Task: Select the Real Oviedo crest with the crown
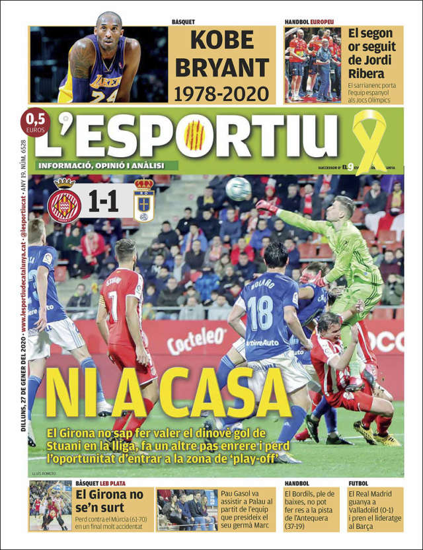tap(143, 201)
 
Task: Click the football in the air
tap(238, 189)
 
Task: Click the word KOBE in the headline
tap(221, 40)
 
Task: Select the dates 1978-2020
tap(221, 93)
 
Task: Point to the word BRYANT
tap(221, 67)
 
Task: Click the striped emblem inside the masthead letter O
tap(194, 135)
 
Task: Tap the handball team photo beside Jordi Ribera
tap(313, 64)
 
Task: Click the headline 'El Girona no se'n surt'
tap(108, 501)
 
